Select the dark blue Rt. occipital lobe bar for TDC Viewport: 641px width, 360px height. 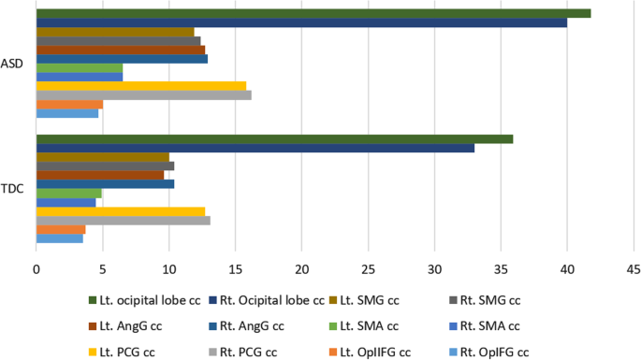click(255, 148)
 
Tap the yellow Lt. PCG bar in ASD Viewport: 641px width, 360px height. click(140, 85)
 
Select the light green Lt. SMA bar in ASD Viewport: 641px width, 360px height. click(80, 67)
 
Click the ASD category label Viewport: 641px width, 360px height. click(15, 64)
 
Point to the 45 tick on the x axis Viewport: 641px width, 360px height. click(633, 269)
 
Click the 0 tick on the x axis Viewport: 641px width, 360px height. click(36, 269)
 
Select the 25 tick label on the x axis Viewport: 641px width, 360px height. click(368, 269)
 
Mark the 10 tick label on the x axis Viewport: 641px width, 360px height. click(168, 269)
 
